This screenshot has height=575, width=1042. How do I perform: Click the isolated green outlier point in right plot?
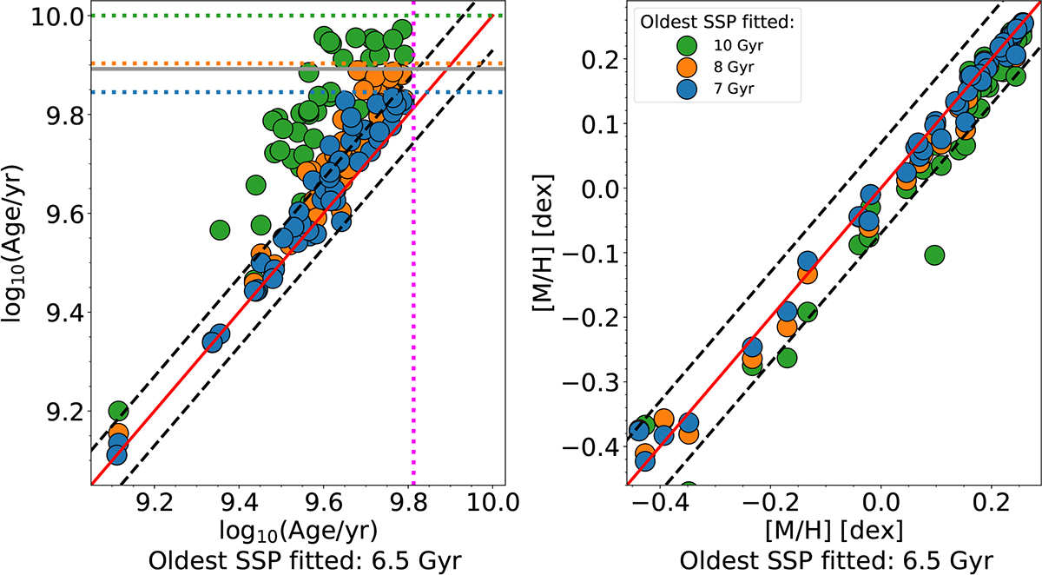pyautogui.click(x=934, y=254)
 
